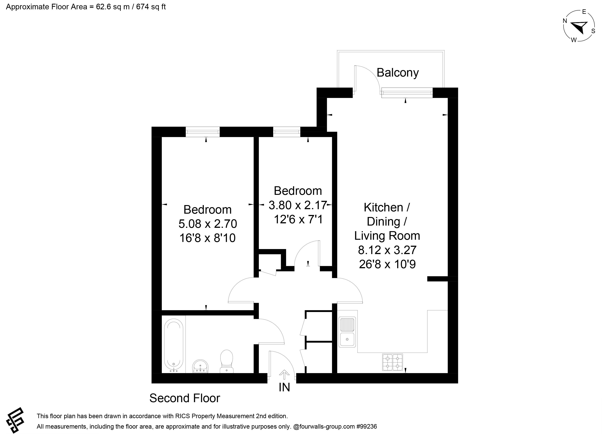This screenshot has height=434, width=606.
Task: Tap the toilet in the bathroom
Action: point(227,361)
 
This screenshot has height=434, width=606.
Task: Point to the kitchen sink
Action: point(347,332)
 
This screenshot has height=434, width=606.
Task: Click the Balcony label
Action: point(398,73)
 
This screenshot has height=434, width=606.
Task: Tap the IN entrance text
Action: point(284,387)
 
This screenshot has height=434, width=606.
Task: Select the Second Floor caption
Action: point(185,398)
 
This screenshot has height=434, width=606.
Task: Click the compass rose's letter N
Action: point(565,21)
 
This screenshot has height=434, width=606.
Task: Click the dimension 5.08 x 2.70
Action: point(208,224)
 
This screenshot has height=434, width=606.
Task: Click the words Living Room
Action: point(387,236)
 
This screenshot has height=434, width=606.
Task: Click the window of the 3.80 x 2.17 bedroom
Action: point(287,132)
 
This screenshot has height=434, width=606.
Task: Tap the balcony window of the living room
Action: point(407,93)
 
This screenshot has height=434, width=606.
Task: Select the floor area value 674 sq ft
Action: point(151,7)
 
